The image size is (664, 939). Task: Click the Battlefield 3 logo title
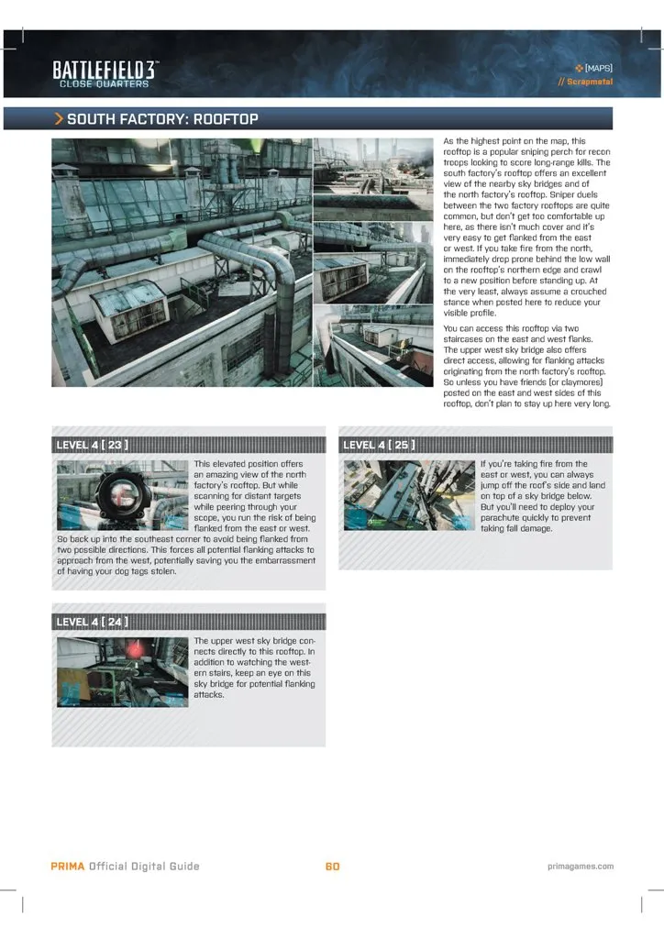pos(105,70)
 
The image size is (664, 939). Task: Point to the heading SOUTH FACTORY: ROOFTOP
pos(163,119)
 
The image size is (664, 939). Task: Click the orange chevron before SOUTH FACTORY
pos(59,119)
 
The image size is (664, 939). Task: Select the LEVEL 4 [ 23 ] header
pos(92,445)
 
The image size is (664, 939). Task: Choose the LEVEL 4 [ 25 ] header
pos(378,445)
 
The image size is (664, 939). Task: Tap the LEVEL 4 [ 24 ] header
pos(92,622)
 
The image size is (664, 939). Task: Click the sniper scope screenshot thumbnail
pos(122,495)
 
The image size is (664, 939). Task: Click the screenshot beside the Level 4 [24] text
pos(122,671)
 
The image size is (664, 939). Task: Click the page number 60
pos(332,866)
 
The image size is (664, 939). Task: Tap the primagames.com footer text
pos(578,866)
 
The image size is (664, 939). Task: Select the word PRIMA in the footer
pos(68,866)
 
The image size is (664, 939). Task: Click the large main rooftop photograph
pos(181,275)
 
